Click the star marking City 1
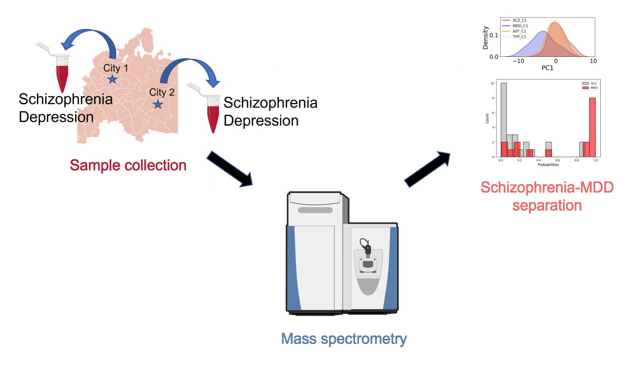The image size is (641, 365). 112,79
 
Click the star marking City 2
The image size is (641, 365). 158,104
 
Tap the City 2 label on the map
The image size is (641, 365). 162,93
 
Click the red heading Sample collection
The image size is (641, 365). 128,164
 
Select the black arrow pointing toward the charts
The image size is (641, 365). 427,168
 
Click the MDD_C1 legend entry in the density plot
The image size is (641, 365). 514,26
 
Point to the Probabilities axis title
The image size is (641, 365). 548,164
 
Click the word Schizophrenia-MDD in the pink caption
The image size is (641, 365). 547,188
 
